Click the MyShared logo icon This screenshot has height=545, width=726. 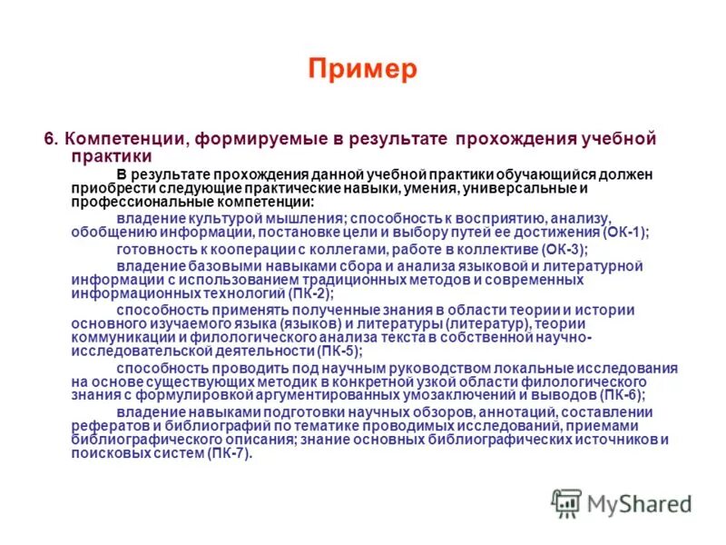point(567,503)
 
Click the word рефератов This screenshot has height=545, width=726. point(105,426)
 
